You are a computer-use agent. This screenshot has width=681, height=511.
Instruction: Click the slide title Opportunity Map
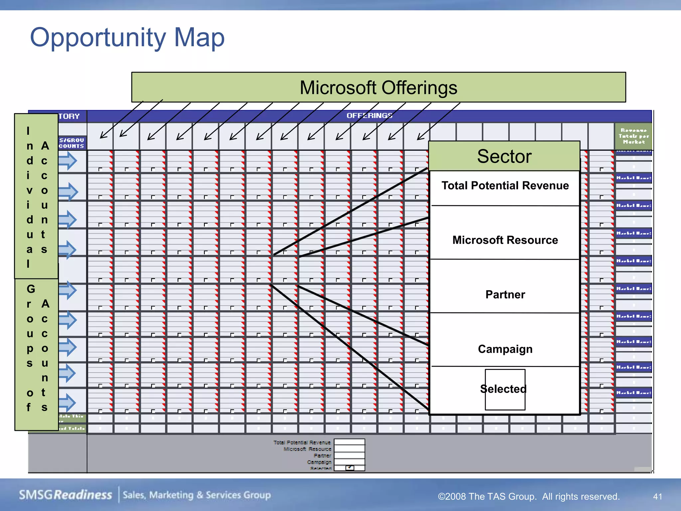(127, 37)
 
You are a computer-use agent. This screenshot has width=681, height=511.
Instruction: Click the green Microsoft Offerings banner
(378, 87)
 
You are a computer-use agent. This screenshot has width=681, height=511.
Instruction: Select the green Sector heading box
(504, 156)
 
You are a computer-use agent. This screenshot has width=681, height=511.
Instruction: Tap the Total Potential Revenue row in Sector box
(505, 186)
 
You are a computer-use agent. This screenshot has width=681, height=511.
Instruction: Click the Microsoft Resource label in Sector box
(505, 240)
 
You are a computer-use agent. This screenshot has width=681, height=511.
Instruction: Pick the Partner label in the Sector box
(505, 294)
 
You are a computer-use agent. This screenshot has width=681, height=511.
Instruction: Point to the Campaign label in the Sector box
(505, 349)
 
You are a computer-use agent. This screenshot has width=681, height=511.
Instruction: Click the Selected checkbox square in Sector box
(505, 390)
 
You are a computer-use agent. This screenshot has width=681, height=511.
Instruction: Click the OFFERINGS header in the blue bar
(369, 116)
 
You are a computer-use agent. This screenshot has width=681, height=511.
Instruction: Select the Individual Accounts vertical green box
(36, 196)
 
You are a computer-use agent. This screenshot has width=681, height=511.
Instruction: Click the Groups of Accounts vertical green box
(36, 354)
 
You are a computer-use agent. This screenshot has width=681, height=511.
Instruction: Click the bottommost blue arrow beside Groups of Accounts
(68, 402)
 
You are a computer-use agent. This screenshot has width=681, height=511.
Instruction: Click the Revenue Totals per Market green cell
(633, 136)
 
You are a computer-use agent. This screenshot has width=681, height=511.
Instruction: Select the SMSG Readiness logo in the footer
(66, 495)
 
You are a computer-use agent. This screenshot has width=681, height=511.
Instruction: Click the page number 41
(657, 496)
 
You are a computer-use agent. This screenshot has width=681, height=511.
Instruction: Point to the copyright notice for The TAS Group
(528, 496)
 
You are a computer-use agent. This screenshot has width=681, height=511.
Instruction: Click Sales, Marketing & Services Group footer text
(197, 495)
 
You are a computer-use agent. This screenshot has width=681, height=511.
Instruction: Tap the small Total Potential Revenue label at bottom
(302, 442)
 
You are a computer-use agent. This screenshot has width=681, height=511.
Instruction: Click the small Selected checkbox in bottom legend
(349, 468)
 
